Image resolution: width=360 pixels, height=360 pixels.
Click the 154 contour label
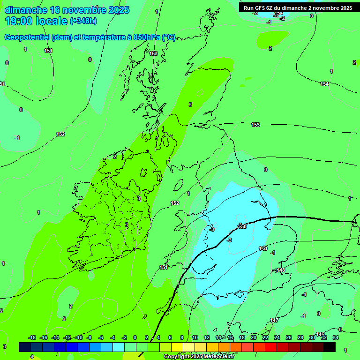click(324, 84)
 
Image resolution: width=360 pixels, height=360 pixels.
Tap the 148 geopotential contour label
click(281, 270)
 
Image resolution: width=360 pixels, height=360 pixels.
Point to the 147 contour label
click(274, 320)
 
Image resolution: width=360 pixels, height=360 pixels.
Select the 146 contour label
click(320, 334)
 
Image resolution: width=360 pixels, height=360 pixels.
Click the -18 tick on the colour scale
click(32, 337)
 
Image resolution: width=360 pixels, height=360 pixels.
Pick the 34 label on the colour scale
click(335, 337)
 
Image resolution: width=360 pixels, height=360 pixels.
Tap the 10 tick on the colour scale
click(195, 337)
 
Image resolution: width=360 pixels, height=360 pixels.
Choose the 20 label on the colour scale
click(254, 337)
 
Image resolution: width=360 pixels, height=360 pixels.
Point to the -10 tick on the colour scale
click(79, 337)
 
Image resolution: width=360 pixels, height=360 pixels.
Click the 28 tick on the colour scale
click(300, 337)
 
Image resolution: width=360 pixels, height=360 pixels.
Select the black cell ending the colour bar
click(330, 347)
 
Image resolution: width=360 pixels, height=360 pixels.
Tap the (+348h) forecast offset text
click(83, 21)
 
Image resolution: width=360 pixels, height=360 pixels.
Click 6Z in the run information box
click(271, 8)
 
